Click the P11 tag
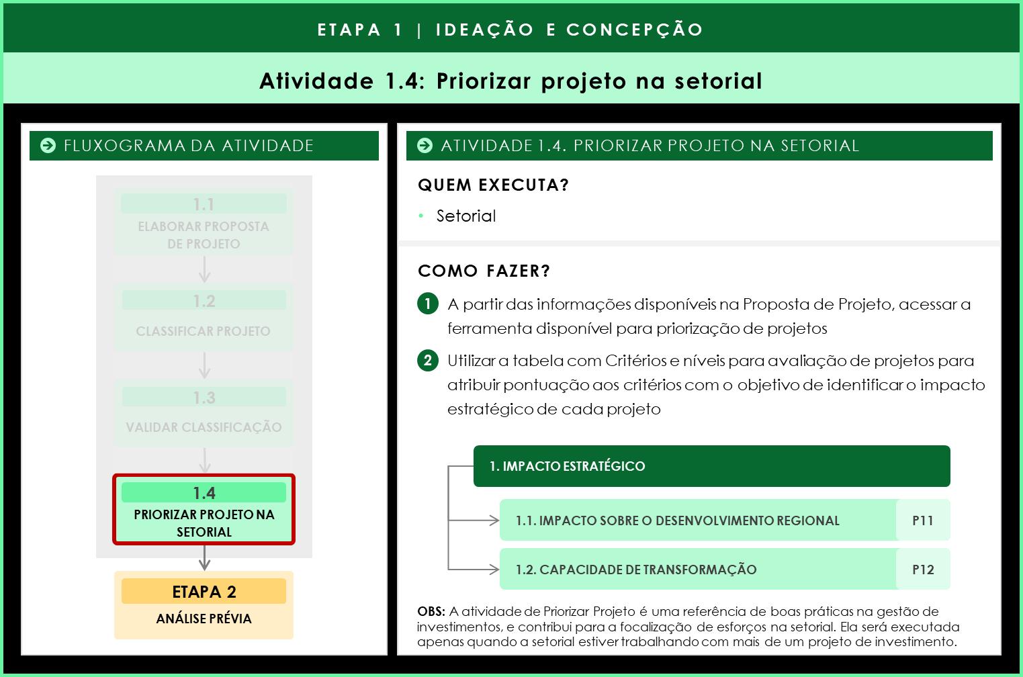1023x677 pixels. point(923,521)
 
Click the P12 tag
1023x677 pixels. point(923,570)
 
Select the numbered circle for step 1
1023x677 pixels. point(428,304)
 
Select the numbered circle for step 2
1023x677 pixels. point(428,361)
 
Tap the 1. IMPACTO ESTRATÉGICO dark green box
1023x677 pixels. point(711,466)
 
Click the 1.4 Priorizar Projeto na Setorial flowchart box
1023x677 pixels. point(204,510)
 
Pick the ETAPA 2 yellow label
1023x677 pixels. point(204,592)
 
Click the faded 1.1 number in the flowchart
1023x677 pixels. point(204,204)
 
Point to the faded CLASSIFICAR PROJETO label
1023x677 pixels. point(203,331)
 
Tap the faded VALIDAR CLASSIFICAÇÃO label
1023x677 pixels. point(204,427)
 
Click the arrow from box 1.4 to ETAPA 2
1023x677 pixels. point(205,558)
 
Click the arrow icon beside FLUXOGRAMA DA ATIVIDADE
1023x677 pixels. point(48,146)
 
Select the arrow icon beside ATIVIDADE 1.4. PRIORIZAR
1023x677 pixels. point(425,146)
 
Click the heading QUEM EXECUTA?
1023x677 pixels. point(493,185)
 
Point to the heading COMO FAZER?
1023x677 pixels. point(484,271)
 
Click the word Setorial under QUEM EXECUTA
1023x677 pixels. point(466,216)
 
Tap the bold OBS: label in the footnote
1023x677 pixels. point(431,611)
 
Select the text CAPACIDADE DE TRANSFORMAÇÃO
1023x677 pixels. point(648,570)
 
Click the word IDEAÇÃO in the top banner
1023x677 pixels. point(484,30)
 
